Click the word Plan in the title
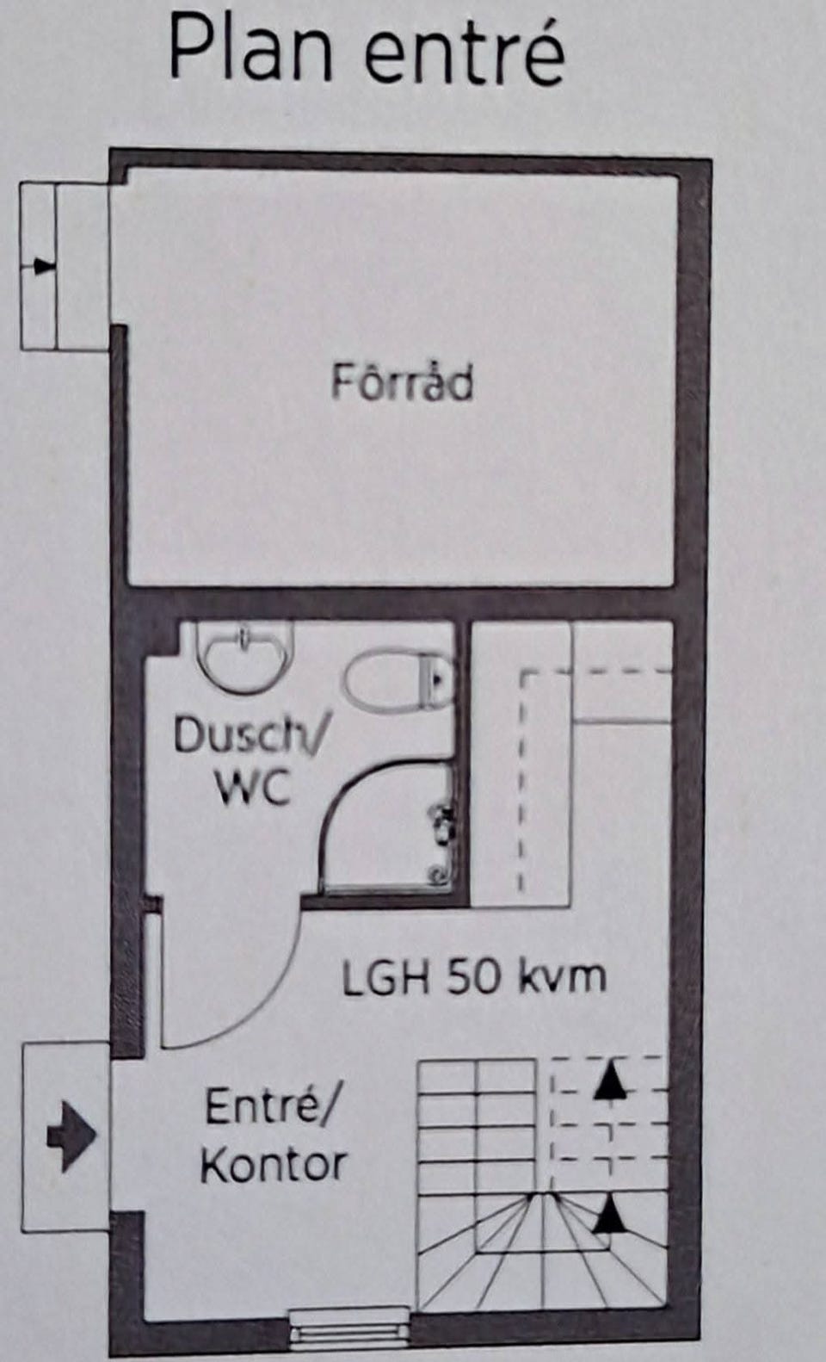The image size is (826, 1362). tap(251, 51)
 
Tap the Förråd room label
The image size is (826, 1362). tap(403, 382)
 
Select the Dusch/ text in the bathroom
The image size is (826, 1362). tap(249, 736)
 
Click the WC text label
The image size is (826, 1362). tap(253, 789)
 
